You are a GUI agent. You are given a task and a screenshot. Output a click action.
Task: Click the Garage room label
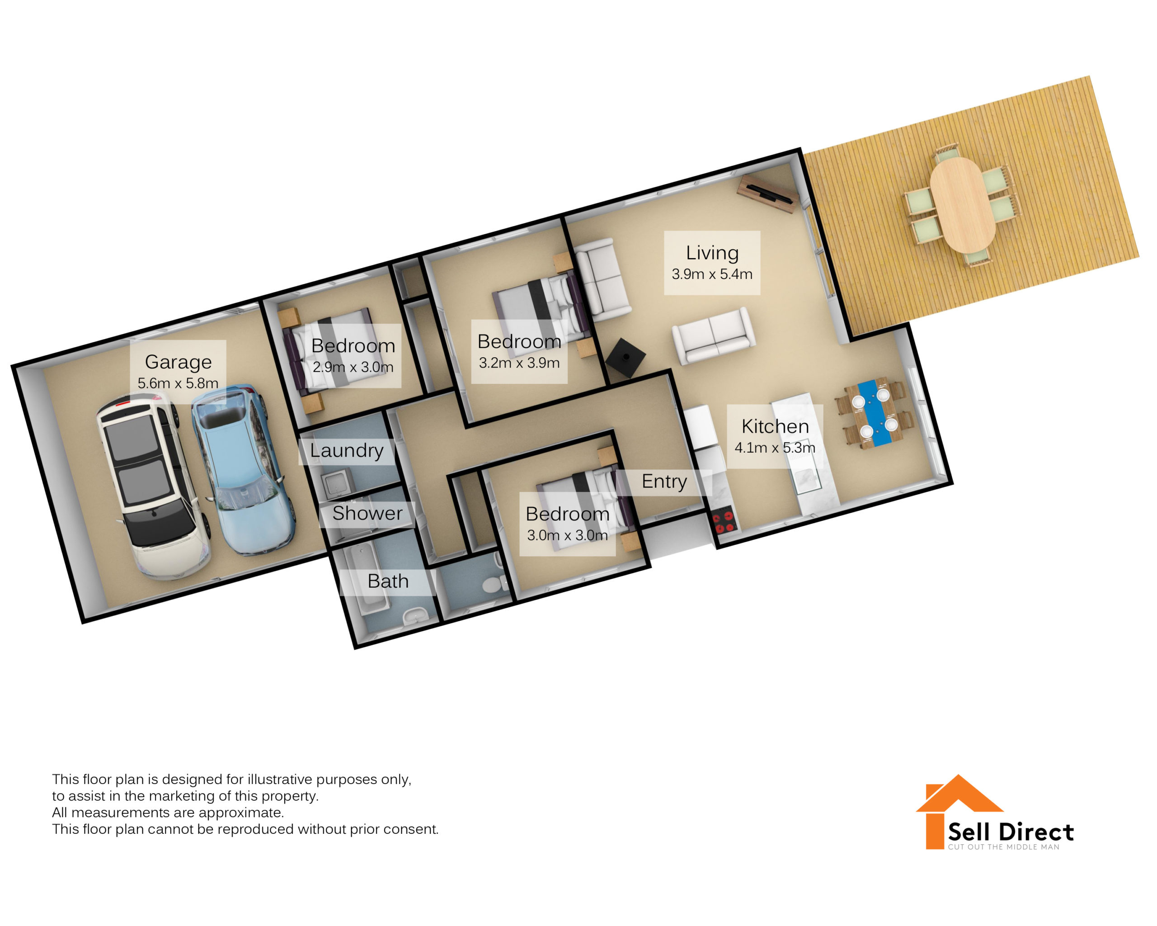pos(178,362)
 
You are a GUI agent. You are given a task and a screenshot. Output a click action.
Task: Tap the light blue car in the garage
pos(243,470)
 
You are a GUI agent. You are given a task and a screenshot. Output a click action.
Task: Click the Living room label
pos(712,253)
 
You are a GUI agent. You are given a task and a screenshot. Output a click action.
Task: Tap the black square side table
pos(626,358)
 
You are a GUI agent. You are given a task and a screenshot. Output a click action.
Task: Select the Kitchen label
pos(775,426)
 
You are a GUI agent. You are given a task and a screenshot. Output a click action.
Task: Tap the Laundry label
pos(347,450)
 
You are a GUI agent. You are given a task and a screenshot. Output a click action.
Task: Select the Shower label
pos(367,513)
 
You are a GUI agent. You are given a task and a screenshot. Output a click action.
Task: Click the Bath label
pos(387,581)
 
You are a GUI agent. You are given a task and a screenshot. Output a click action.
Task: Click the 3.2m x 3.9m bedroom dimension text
pos(519,363)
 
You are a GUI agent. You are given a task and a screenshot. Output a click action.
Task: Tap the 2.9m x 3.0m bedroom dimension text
pos(353,367)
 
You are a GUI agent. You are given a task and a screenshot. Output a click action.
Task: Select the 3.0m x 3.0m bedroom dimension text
pos(567,535)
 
